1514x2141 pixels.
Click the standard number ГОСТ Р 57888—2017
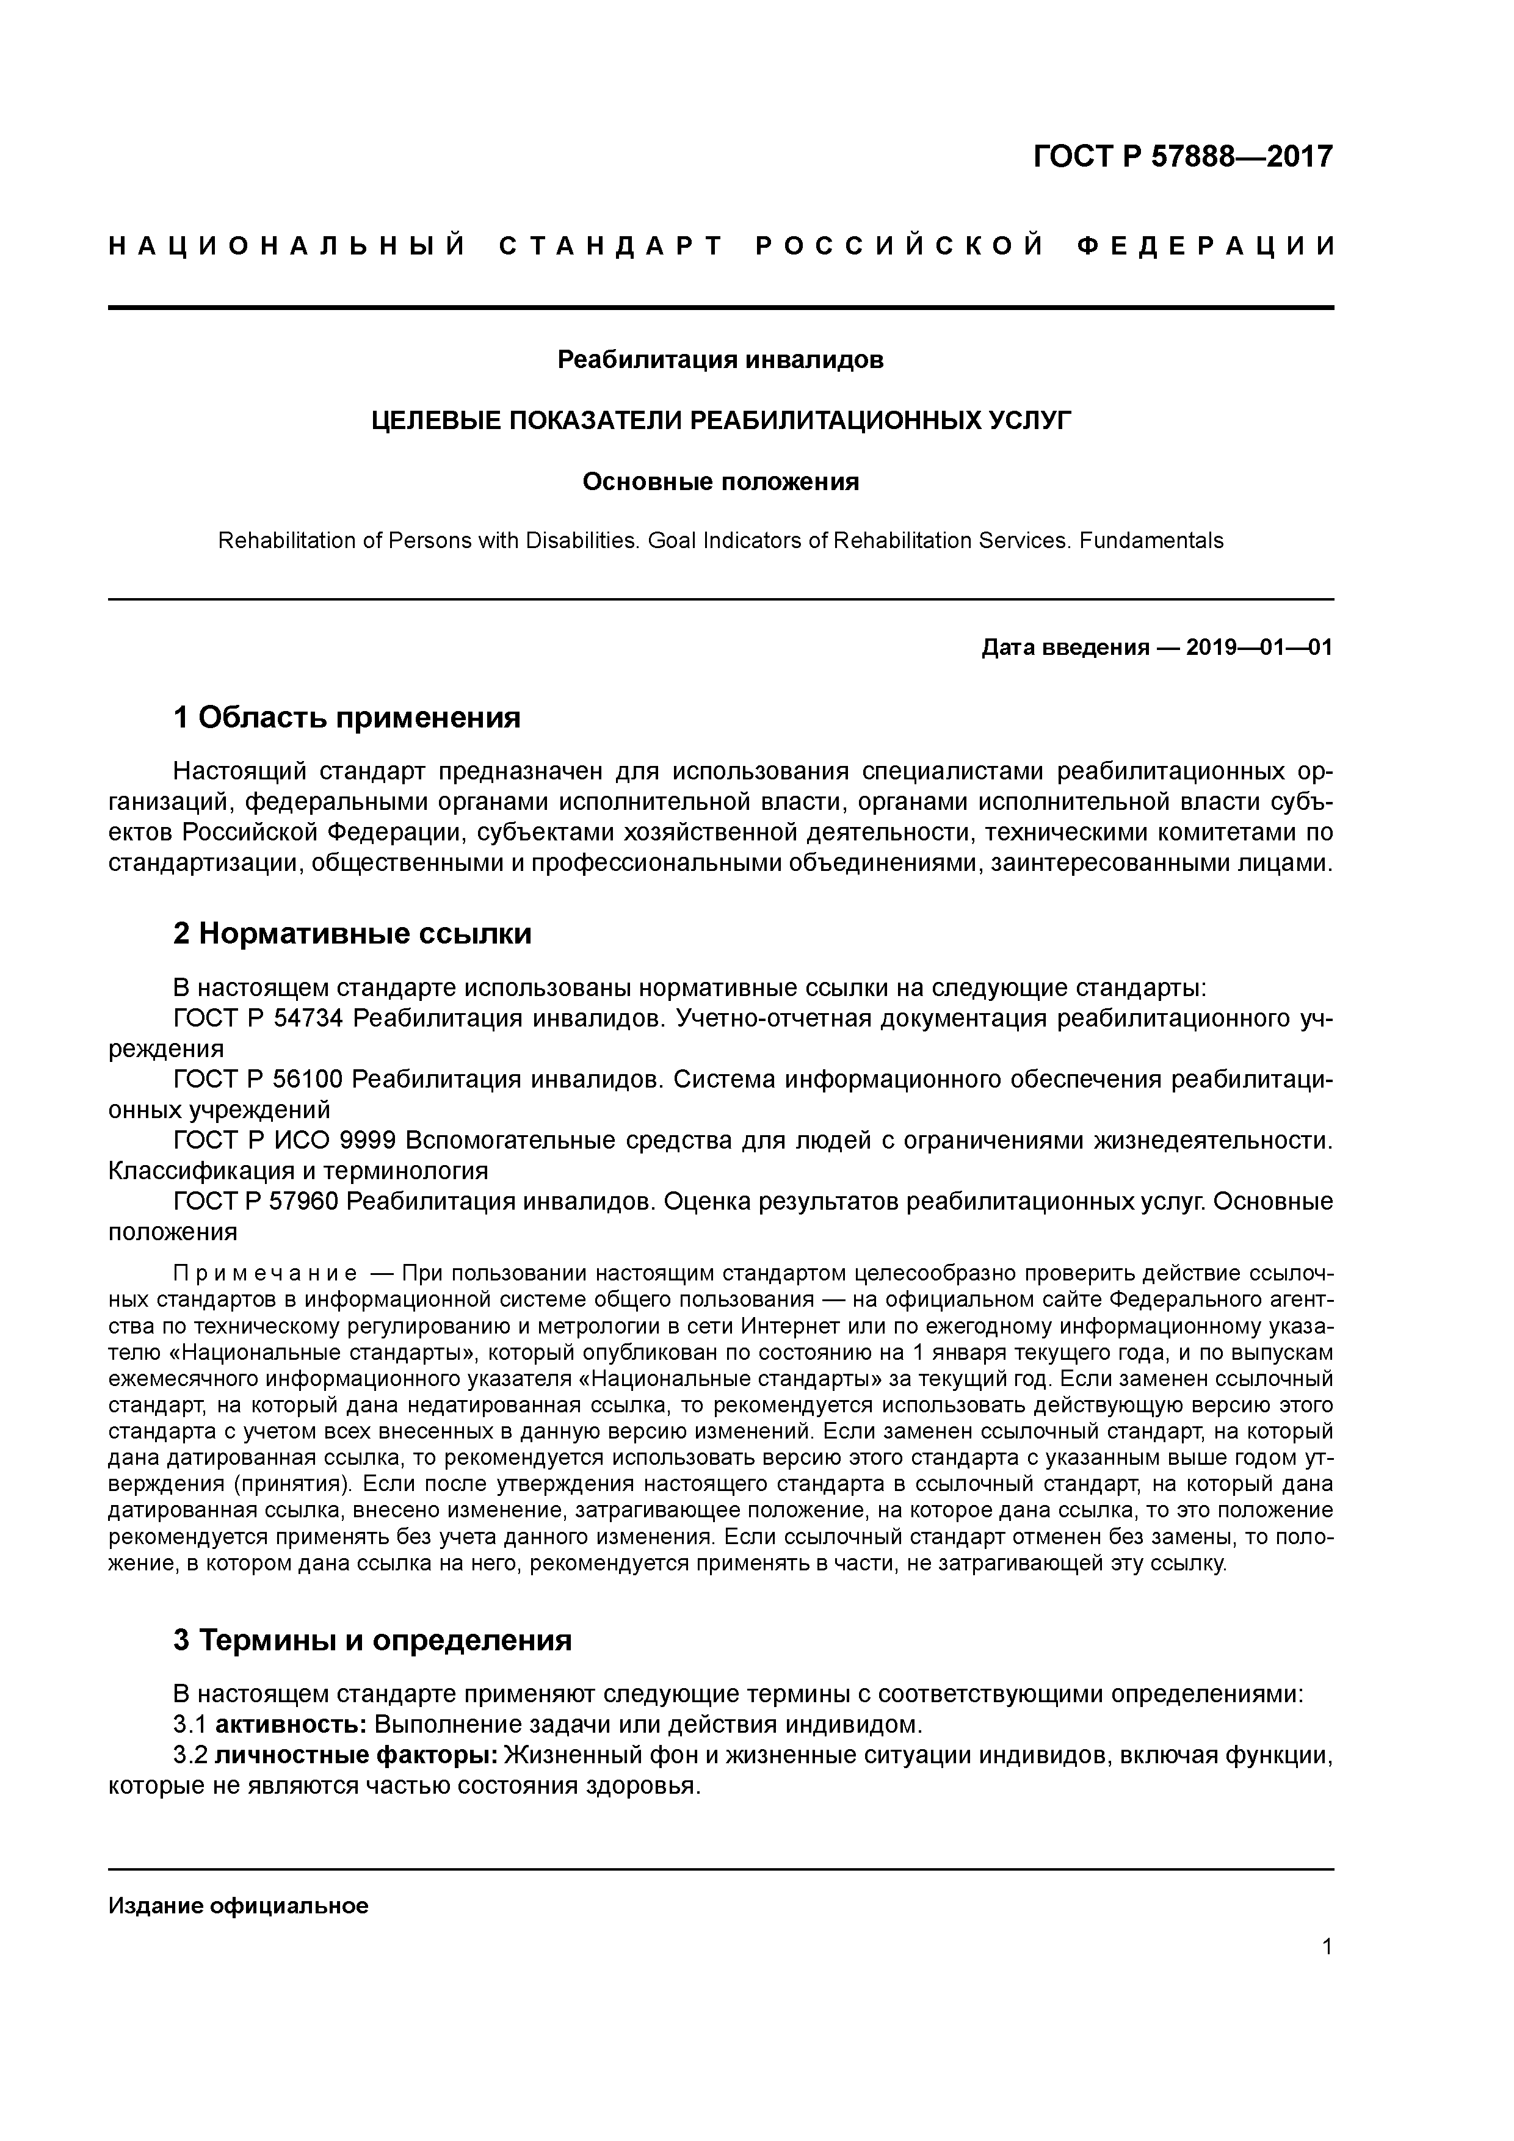tap(1183, 157)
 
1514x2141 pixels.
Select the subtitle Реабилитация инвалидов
tap(720, 360)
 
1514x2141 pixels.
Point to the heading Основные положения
tap(720, 482)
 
